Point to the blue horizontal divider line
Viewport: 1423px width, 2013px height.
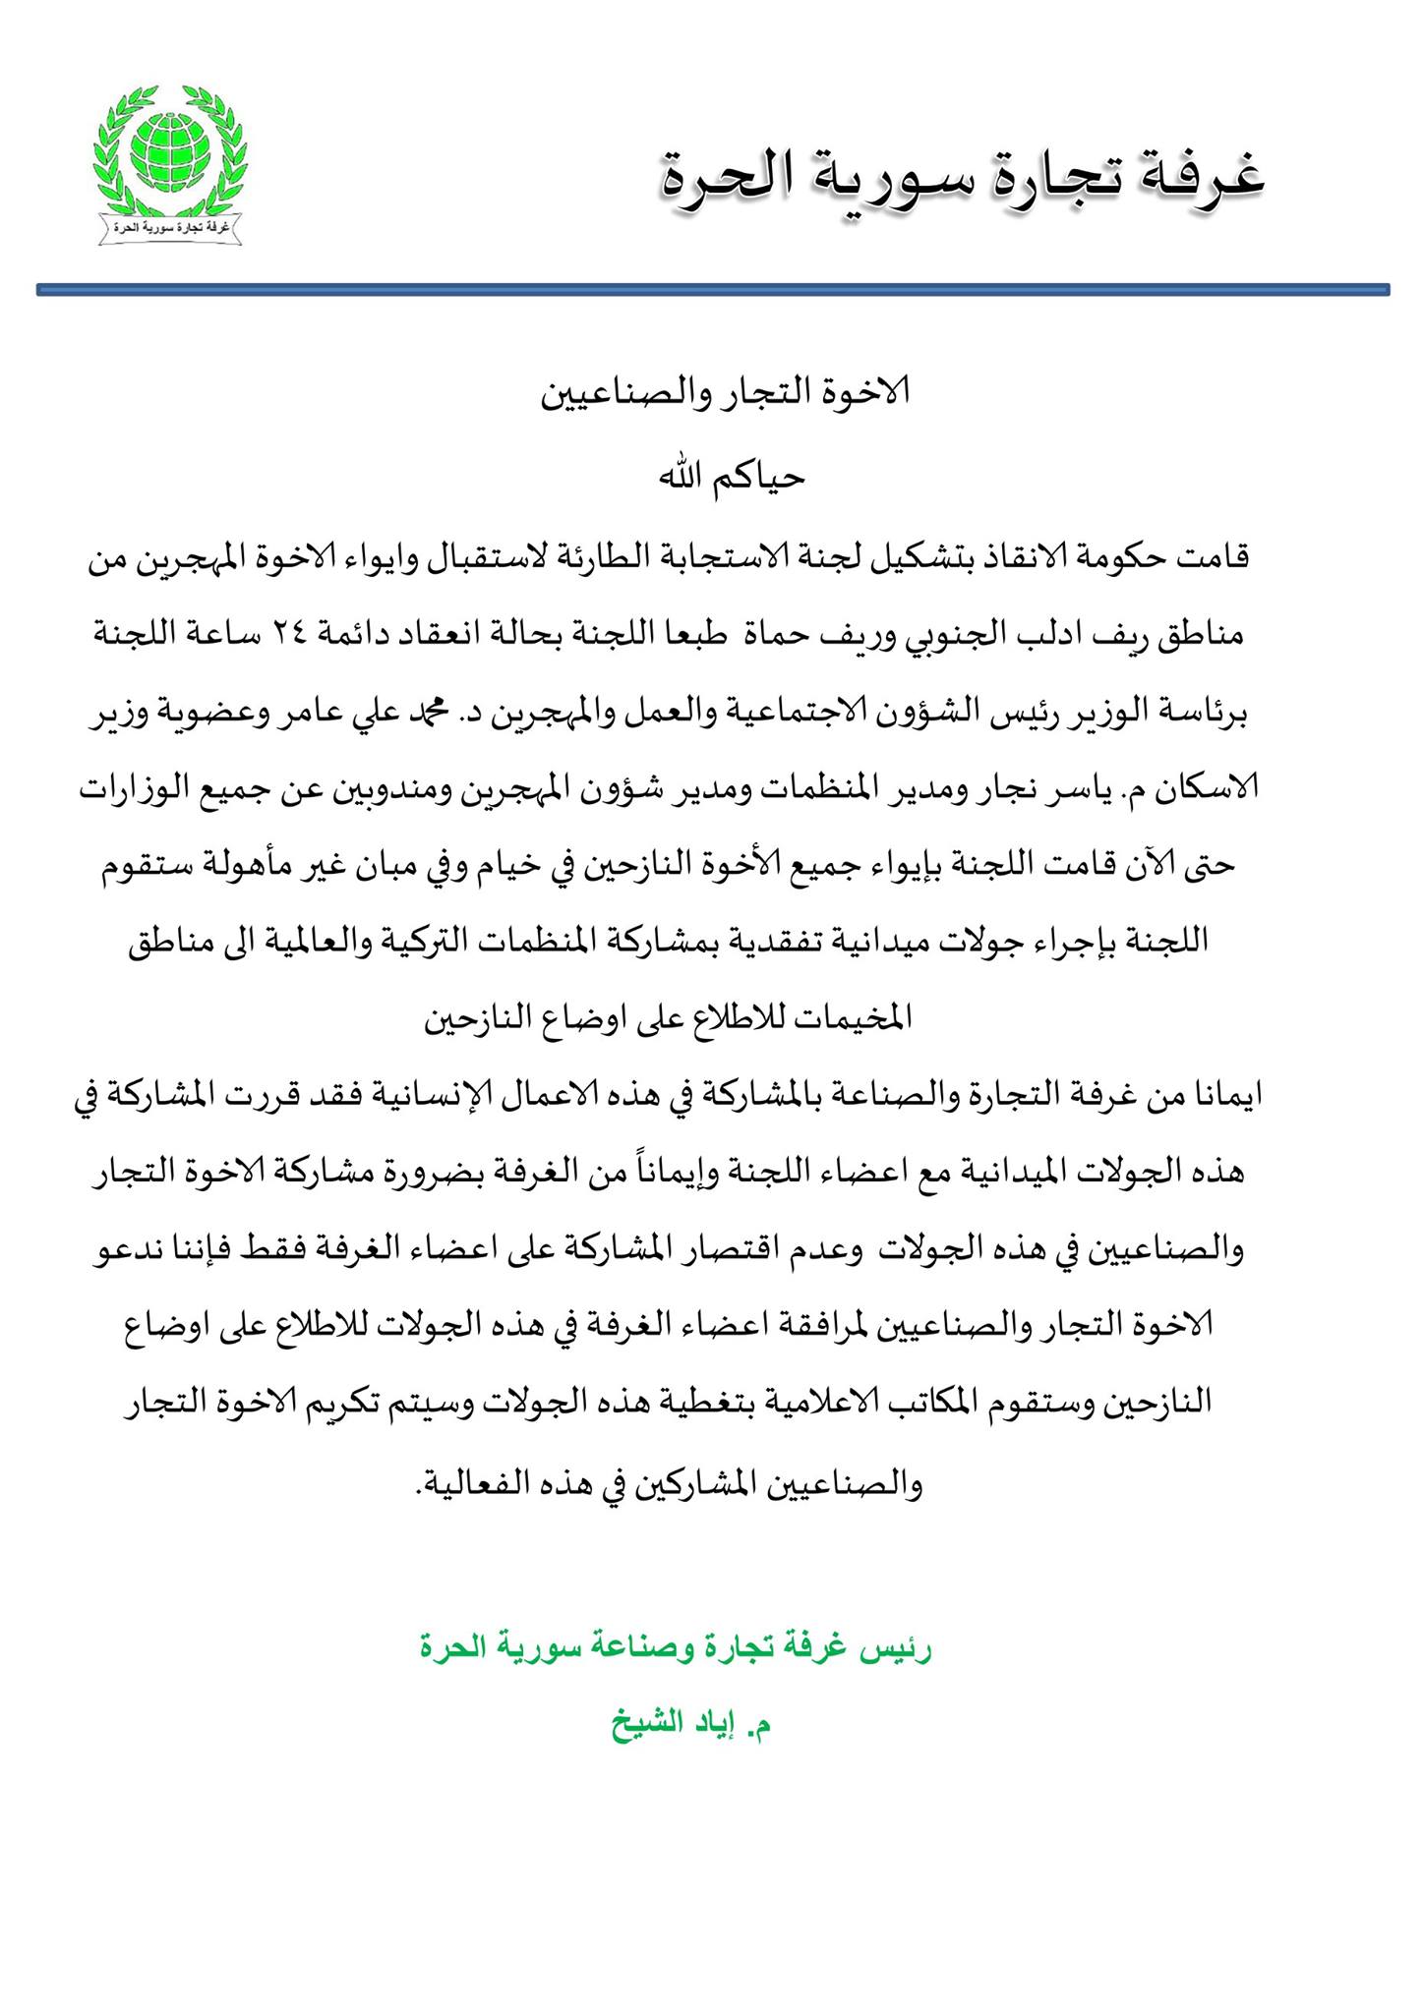(x=712, y=290)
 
